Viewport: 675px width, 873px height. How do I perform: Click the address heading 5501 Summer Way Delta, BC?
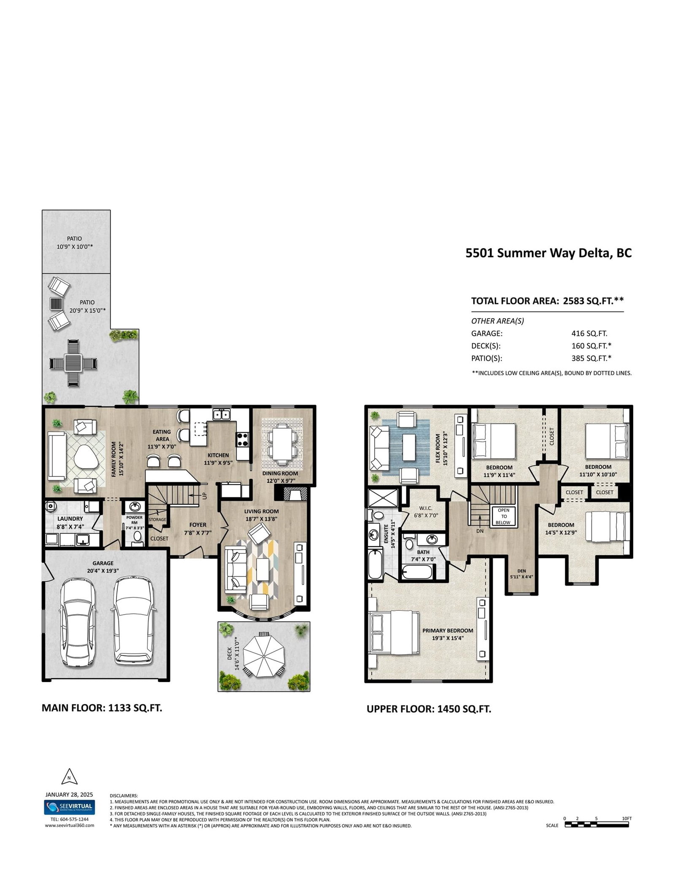(x=548, y=253)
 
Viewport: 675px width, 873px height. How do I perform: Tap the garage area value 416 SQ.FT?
(x=589, y=333)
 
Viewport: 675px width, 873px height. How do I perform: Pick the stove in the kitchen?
(x=242, y=440)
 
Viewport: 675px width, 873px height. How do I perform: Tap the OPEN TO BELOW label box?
(x=503, y=516)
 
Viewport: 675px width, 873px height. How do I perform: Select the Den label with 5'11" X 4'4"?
(x=521, y=574)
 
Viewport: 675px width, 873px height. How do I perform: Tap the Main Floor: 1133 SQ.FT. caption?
(x=102, y=708)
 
